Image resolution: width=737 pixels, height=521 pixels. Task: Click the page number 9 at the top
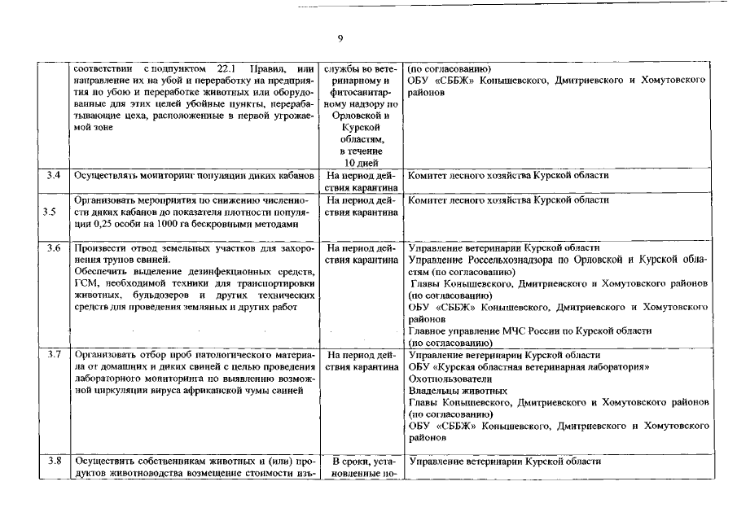(x=340, y=38)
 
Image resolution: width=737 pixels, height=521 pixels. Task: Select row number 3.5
(x=51, y=212)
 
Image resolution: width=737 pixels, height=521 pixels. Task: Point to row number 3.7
(x=54, y=356)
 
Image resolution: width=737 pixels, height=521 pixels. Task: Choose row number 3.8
(x=54, y=462)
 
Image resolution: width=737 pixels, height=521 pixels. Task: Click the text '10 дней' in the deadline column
(x=360, y=162)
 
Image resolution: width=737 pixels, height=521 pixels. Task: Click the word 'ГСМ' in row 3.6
(x=86, y=283)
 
